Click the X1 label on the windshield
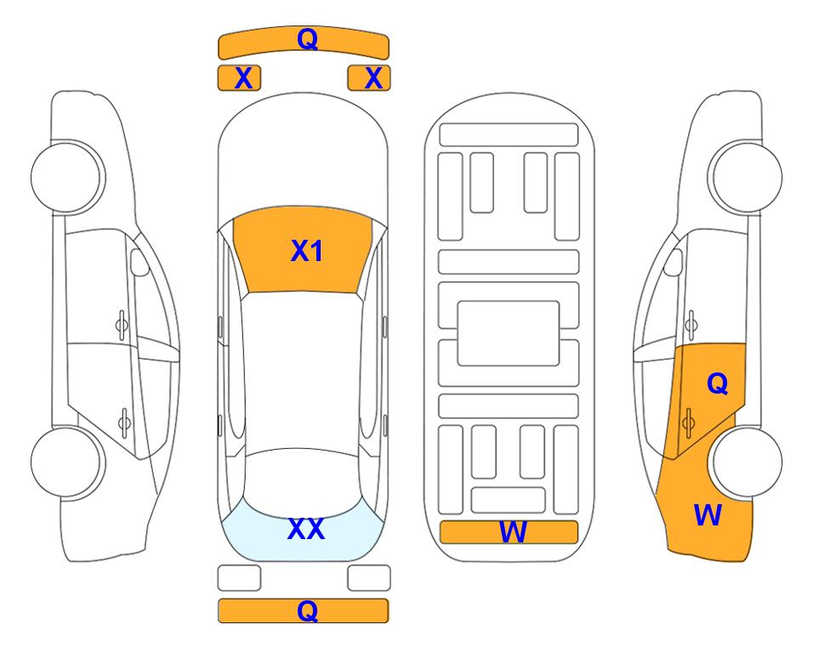[x=306, y=251]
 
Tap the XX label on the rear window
[x=306, y=529]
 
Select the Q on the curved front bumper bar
[x=307, y=38]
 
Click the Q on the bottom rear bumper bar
[x=307, y=610]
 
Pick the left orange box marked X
[x=239, y=78]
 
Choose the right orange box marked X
[x=369, y=78]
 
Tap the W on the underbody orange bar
[x=512, y=532]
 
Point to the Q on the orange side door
[x=717, y=383]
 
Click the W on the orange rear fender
[x=708, y=515]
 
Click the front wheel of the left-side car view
[x=67, y=177]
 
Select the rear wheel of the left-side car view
[x=67, y=462]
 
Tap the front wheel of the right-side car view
[x=745, y=177]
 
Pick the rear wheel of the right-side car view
[x=745, y=462]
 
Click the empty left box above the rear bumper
[x=239, y=578]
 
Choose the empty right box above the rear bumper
[x=369, y=578]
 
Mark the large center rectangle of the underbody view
[x=509, y=333]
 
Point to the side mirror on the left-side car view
[x=139, y=262]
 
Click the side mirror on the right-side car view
[x=674, y=262]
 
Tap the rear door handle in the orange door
[x=688, y=423]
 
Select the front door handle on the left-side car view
[x=122, y=325]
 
